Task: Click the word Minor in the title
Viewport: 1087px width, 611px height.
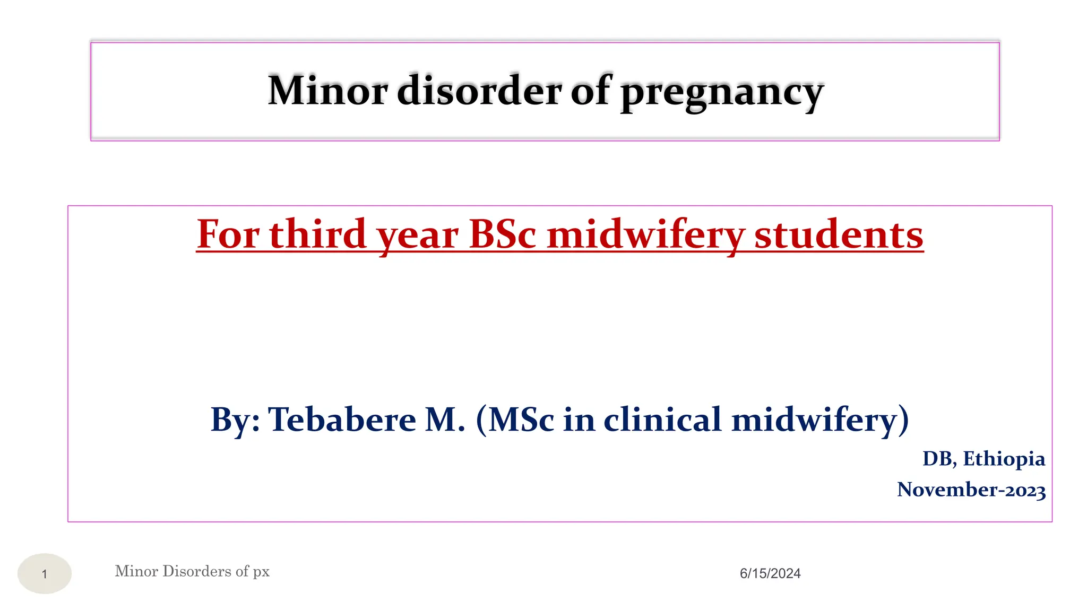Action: pyautogui.click(x=327, y=91)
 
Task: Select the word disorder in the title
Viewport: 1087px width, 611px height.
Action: pyautogui.click(x=479, y=91)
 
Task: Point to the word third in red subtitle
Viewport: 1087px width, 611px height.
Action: pyautogui.click(x=318, y=234)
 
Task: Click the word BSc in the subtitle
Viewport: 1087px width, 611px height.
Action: pyautogui.click(x=503, y=234)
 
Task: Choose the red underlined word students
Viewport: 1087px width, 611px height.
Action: pyautogui.click(x=839, y=234)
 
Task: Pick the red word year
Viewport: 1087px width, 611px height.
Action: pyautogui.click(x=418, y=236)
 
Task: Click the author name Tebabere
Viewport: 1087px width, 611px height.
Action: pyautogui.click(x=342, y=420)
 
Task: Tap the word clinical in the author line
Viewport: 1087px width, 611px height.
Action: pyautogui.click(x=663, y=420)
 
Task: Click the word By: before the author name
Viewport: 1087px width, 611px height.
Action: pyautogui.click(x=235, y=420)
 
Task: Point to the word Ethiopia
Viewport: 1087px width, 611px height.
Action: pyautogui.click(x=1004, y=459)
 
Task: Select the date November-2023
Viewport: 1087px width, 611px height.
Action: pyautogui.click(x=971, y=490)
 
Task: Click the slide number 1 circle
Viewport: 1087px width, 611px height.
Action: pyautogui.click(x=45, y=573)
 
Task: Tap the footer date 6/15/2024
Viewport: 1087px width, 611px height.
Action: pyautogui.click(x=770, y=573)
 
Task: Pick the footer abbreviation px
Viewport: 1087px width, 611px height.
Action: pyautogui.click(x=261, y=572)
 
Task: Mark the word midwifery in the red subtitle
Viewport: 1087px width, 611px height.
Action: pyautogui.click(x=645, y=234)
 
